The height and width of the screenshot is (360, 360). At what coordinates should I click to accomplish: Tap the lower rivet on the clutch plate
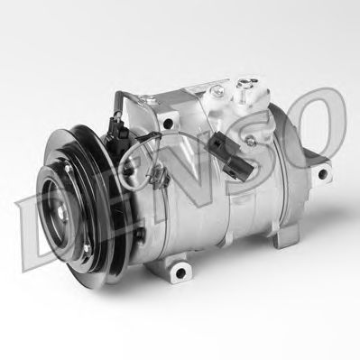87,247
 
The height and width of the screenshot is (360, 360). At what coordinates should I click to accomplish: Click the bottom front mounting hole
180,272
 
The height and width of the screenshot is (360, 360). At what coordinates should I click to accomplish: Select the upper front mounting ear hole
169,123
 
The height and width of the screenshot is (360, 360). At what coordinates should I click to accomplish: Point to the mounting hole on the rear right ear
323,173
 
